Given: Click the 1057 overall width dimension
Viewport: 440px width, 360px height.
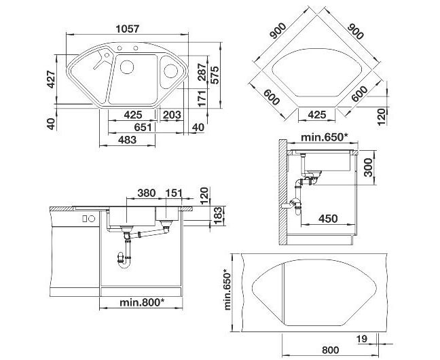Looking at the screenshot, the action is (x=128, y=29).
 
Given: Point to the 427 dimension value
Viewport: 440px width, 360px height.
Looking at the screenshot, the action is (x=52, y=79).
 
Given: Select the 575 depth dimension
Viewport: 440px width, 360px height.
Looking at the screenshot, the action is (x=215, y=75).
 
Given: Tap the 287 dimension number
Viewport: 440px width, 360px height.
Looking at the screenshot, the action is (x=202, y=72).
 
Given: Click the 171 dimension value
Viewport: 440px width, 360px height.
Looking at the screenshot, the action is (x=202, y=98).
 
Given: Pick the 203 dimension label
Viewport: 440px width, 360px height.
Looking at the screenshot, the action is (x=172, y=115).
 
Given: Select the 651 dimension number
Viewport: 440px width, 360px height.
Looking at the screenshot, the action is (x=143, y=127).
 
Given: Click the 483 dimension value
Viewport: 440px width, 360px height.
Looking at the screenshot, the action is (x=127, y=139).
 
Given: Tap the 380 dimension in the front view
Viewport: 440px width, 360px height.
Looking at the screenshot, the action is (x=147, y=193).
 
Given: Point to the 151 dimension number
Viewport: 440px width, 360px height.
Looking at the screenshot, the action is (x=174, y=193).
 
